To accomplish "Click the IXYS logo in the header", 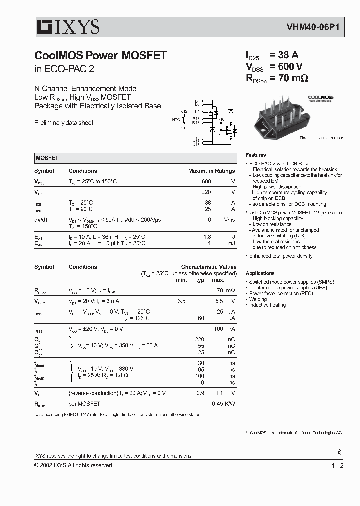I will [67, 27].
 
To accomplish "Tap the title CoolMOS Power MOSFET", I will [100, 56].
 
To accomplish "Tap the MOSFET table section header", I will [47, 158].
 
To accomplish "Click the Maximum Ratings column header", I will [211, 171].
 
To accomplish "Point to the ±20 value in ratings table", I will [206, 192].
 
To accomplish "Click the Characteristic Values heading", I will [208, 267].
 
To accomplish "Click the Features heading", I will [256, 155].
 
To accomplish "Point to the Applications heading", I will [260, 273].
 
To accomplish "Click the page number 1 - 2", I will [337, 465].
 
